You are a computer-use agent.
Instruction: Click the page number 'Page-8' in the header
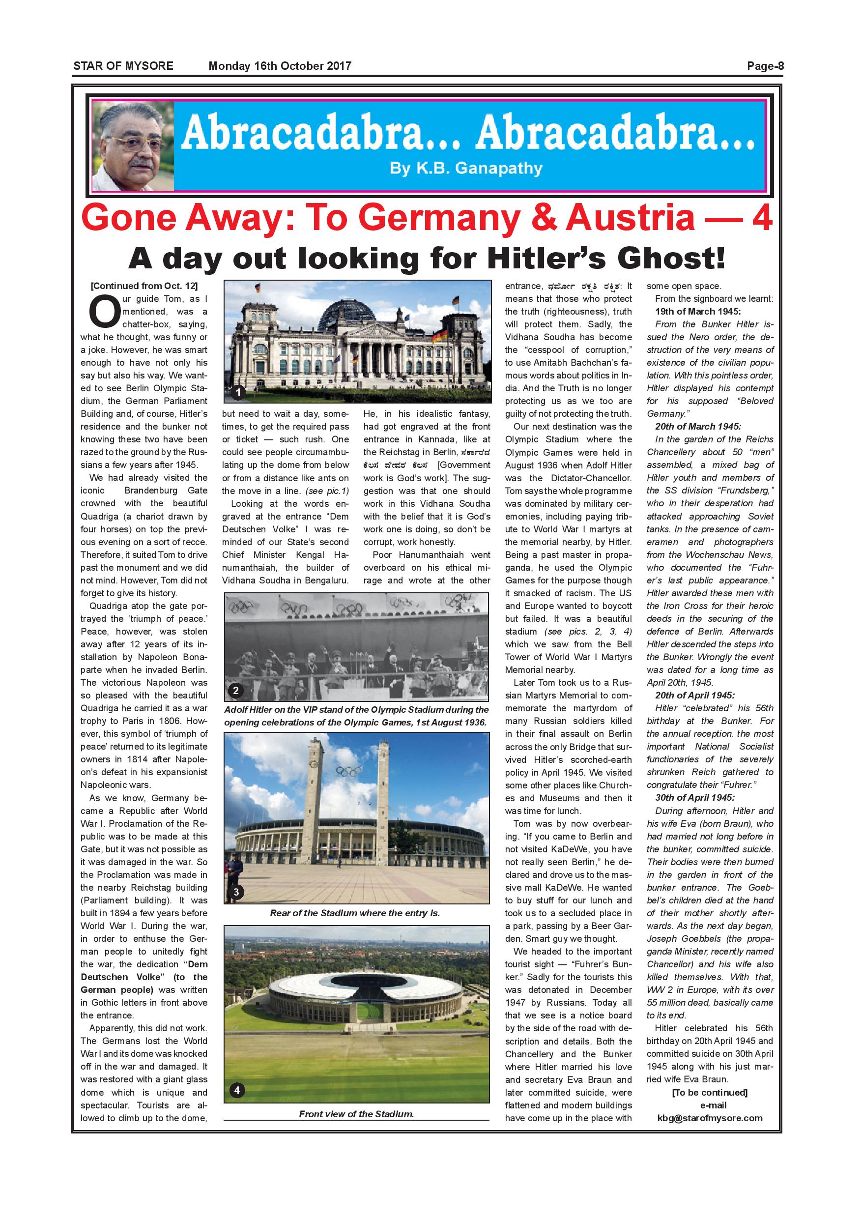click(x=765, y=66)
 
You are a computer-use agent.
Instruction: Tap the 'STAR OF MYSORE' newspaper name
click(x=123, y=66)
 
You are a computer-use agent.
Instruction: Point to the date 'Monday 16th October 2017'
click(x=280, y=66)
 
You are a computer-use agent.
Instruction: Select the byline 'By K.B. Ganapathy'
click(x=465, y=169)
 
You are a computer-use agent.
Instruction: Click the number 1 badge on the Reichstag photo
click(x=238, y=392)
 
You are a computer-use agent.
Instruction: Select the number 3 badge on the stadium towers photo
click(x=236, y=893)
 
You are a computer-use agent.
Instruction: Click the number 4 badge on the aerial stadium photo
click(x=237, y=1091)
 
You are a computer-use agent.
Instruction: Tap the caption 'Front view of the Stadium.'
click(x=356, y=1114)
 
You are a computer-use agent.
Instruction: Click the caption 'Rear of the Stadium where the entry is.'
click(x=355, y=913)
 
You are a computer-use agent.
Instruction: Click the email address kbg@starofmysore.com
click(x=710, y=1118)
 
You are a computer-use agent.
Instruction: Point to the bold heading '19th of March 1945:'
click(x=697, y=312)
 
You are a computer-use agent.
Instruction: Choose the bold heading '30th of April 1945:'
click(x=695, y=797)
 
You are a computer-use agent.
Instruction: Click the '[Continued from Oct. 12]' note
click(x=144, y=286)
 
